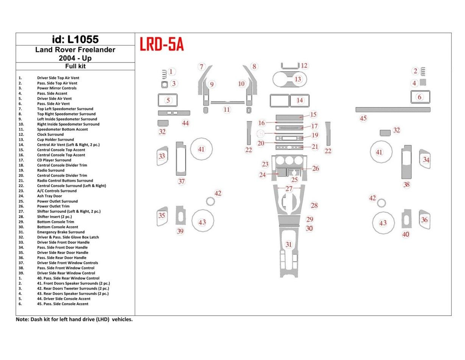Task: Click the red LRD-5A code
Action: [x=162, y=45]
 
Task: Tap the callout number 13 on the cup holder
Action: [x=298, y=79]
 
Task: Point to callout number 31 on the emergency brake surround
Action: [x=289, y=244]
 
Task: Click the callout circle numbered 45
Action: [x=364, y=118]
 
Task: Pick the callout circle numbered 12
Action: [x=304, y=66]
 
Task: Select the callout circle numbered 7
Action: [x=201, y=67]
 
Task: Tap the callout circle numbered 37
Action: [x=182, y=181]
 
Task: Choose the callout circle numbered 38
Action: [x=407, y=185]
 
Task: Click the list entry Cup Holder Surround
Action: [x=55, y=139]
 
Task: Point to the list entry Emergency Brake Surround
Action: [x=61, y=232]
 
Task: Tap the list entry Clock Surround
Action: [x=50, y=134]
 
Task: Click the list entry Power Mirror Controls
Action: [x=57, y=88]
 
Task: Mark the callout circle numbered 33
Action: [x=162, y=156]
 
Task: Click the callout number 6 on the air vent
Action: [x=419, y=97]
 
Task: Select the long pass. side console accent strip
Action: [x=393, y=110]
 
